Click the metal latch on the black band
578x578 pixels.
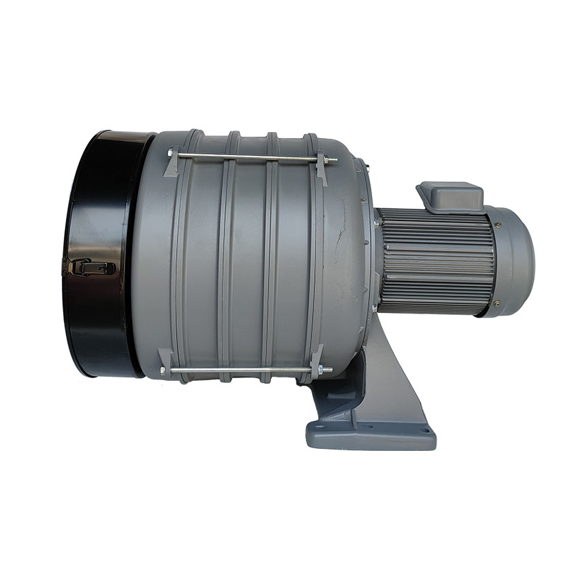(x=88, y=267)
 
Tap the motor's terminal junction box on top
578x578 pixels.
(x=450, y=196)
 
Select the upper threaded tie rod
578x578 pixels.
(x=248, y=158)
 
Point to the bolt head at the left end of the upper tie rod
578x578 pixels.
(x=170, y=154)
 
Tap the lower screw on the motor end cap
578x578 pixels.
(x=496, y=303)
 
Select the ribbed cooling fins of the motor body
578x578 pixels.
(x=435, y=262)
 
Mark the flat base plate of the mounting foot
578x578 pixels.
(x=371, y=435)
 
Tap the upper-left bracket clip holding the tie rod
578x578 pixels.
(x=171, y=163)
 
